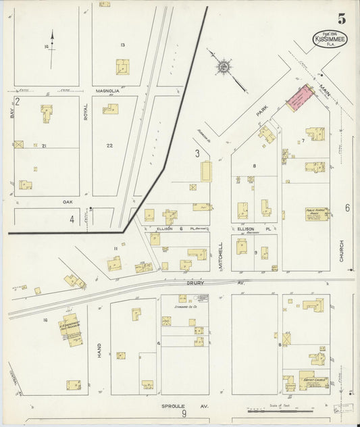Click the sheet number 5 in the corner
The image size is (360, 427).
pyautogui.click(x=342, y=19)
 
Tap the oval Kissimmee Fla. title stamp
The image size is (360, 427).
pyautogui.click(x=327, y=41)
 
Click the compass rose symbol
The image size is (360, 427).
pyautogui.click(x=223, y=67)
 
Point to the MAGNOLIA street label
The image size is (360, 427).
pyautogui.click(x=108, y=91)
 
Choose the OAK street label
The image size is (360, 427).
pyautogui.click(x=68, y=201)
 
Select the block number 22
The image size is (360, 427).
pyautogui.click(x=109, y=145)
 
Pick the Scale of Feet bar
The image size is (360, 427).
pyautogui.click(x=280, y=410)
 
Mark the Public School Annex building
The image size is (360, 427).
pyautogui.click(x=316, y=214)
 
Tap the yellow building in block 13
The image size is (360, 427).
pyautogui.click(x=122, y=66)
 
